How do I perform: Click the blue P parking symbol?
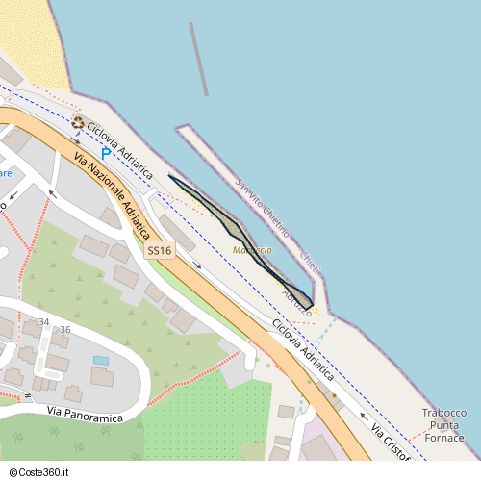tap(106, 152)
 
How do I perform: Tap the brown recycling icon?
tap(78, 121)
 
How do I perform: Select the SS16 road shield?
tap(160, 251)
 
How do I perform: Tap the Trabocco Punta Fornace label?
tap(444, 425)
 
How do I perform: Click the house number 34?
tap(43, 321)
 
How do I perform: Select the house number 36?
tap(65, 330)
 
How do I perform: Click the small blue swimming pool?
tap(101, 360)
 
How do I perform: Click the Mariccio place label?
tap(253, 250)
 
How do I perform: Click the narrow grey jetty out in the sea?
tap(198, 58)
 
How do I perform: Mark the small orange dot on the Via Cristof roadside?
tap(334, 395)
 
